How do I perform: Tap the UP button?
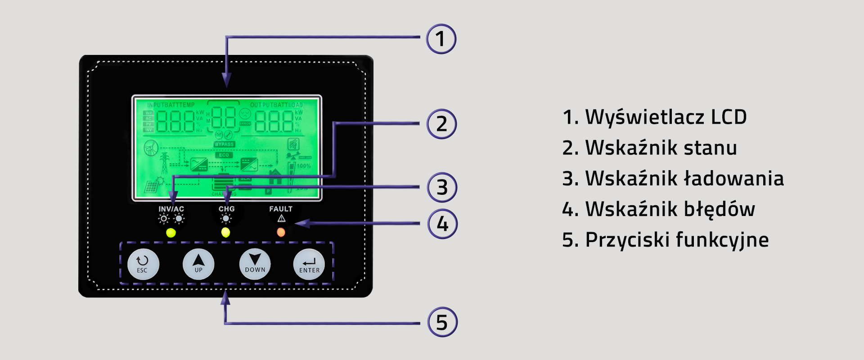pyautogui.click(x=198, y=264)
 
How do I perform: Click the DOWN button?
pyautogui.click(x=255, y=264)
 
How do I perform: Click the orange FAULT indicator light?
pyautogui.click(x=281, y=232)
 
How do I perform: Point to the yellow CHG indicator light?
pyautogui.click(x=225, y=232)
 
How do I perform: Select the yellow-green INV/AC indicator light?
pyautogui.click(x=171, y=233)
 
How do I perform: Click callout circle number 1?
pyautogui.click(x=441, y=39)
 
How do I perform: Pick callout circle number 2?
pyautogui.click(x=441, y=124)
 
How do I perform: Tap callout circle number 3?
pyautogui.click(x=442, y=187)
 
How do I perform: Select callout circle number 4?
pyautogui.click(x=442, y=224)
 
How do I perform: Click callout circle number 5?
pyautogui.click(x=442, y=322)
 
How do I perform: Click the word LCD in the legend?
pyautogui.click(x=729, y=117)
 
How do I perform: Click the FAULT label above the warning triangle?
pyautogui.click(x=281, y=209)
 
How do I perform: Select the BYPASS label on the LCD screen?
pyautogui.click(x=224, y=144)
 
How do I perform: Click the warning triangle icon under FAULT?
pyautogui.click(x=281, y=219)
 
